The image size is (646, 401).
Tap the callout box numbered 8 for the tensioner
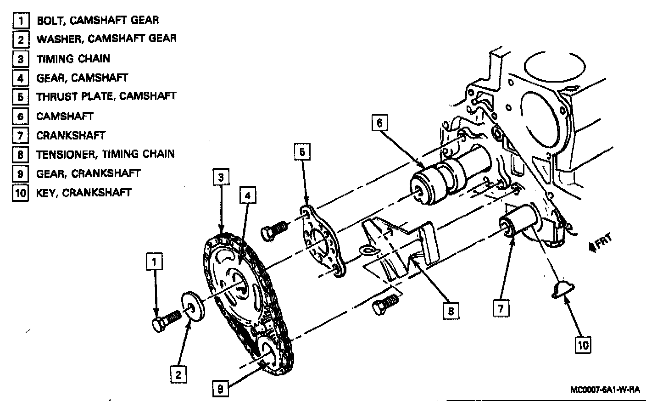point(451,311)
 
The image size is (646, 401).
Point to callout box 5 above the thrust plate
point(302,152)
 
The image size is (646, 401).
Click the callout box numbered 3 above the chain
point(221,177)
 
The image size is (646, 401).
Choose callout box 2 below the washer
point(178,374)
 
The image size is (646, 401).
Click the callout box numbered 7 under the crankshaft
point(501,308)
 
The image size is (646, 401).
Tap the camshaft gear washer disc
point(194,306)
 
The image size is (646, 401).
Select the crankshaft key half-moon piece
point(562,290)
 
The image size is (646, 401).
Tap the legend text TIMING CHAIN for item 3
point(73,59)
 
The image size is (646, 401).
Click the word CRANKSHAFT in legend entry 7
point(71,135)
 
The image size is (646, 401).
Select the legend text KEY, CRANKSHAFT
point(84,193)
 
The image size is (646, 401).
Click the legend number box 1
point(21,21)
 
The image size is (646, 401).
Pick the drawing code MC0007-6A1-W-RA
point(605,390)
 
